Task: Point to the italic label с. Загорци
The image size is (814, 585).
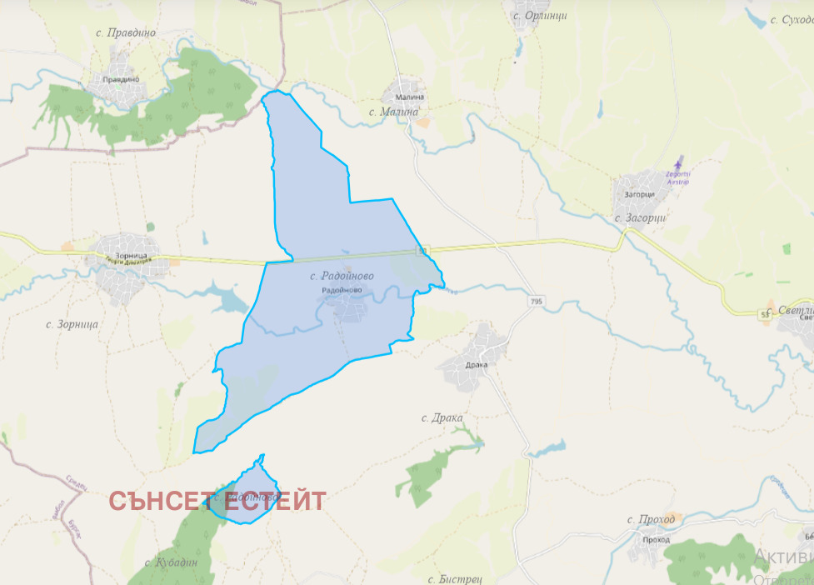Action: click(642, 217)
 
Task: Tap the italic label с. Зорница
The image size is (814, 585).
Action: click(72, 323)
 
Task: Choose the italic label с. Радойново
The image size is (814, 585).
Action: click(342, 276)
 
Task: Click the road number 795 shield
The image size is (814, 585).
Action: click(534, 301)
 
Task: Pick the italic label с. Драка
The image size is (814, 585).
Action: click(442, 417)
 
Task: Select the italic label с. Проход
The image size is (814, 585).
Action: click(651, 520)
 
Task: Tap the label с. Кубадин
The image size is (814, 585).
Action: click(171, 562)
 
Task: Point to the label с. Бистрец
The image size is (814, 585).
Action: click(456, 578)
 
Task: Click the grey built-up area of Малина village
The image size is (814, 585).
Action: click(409, 91)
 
